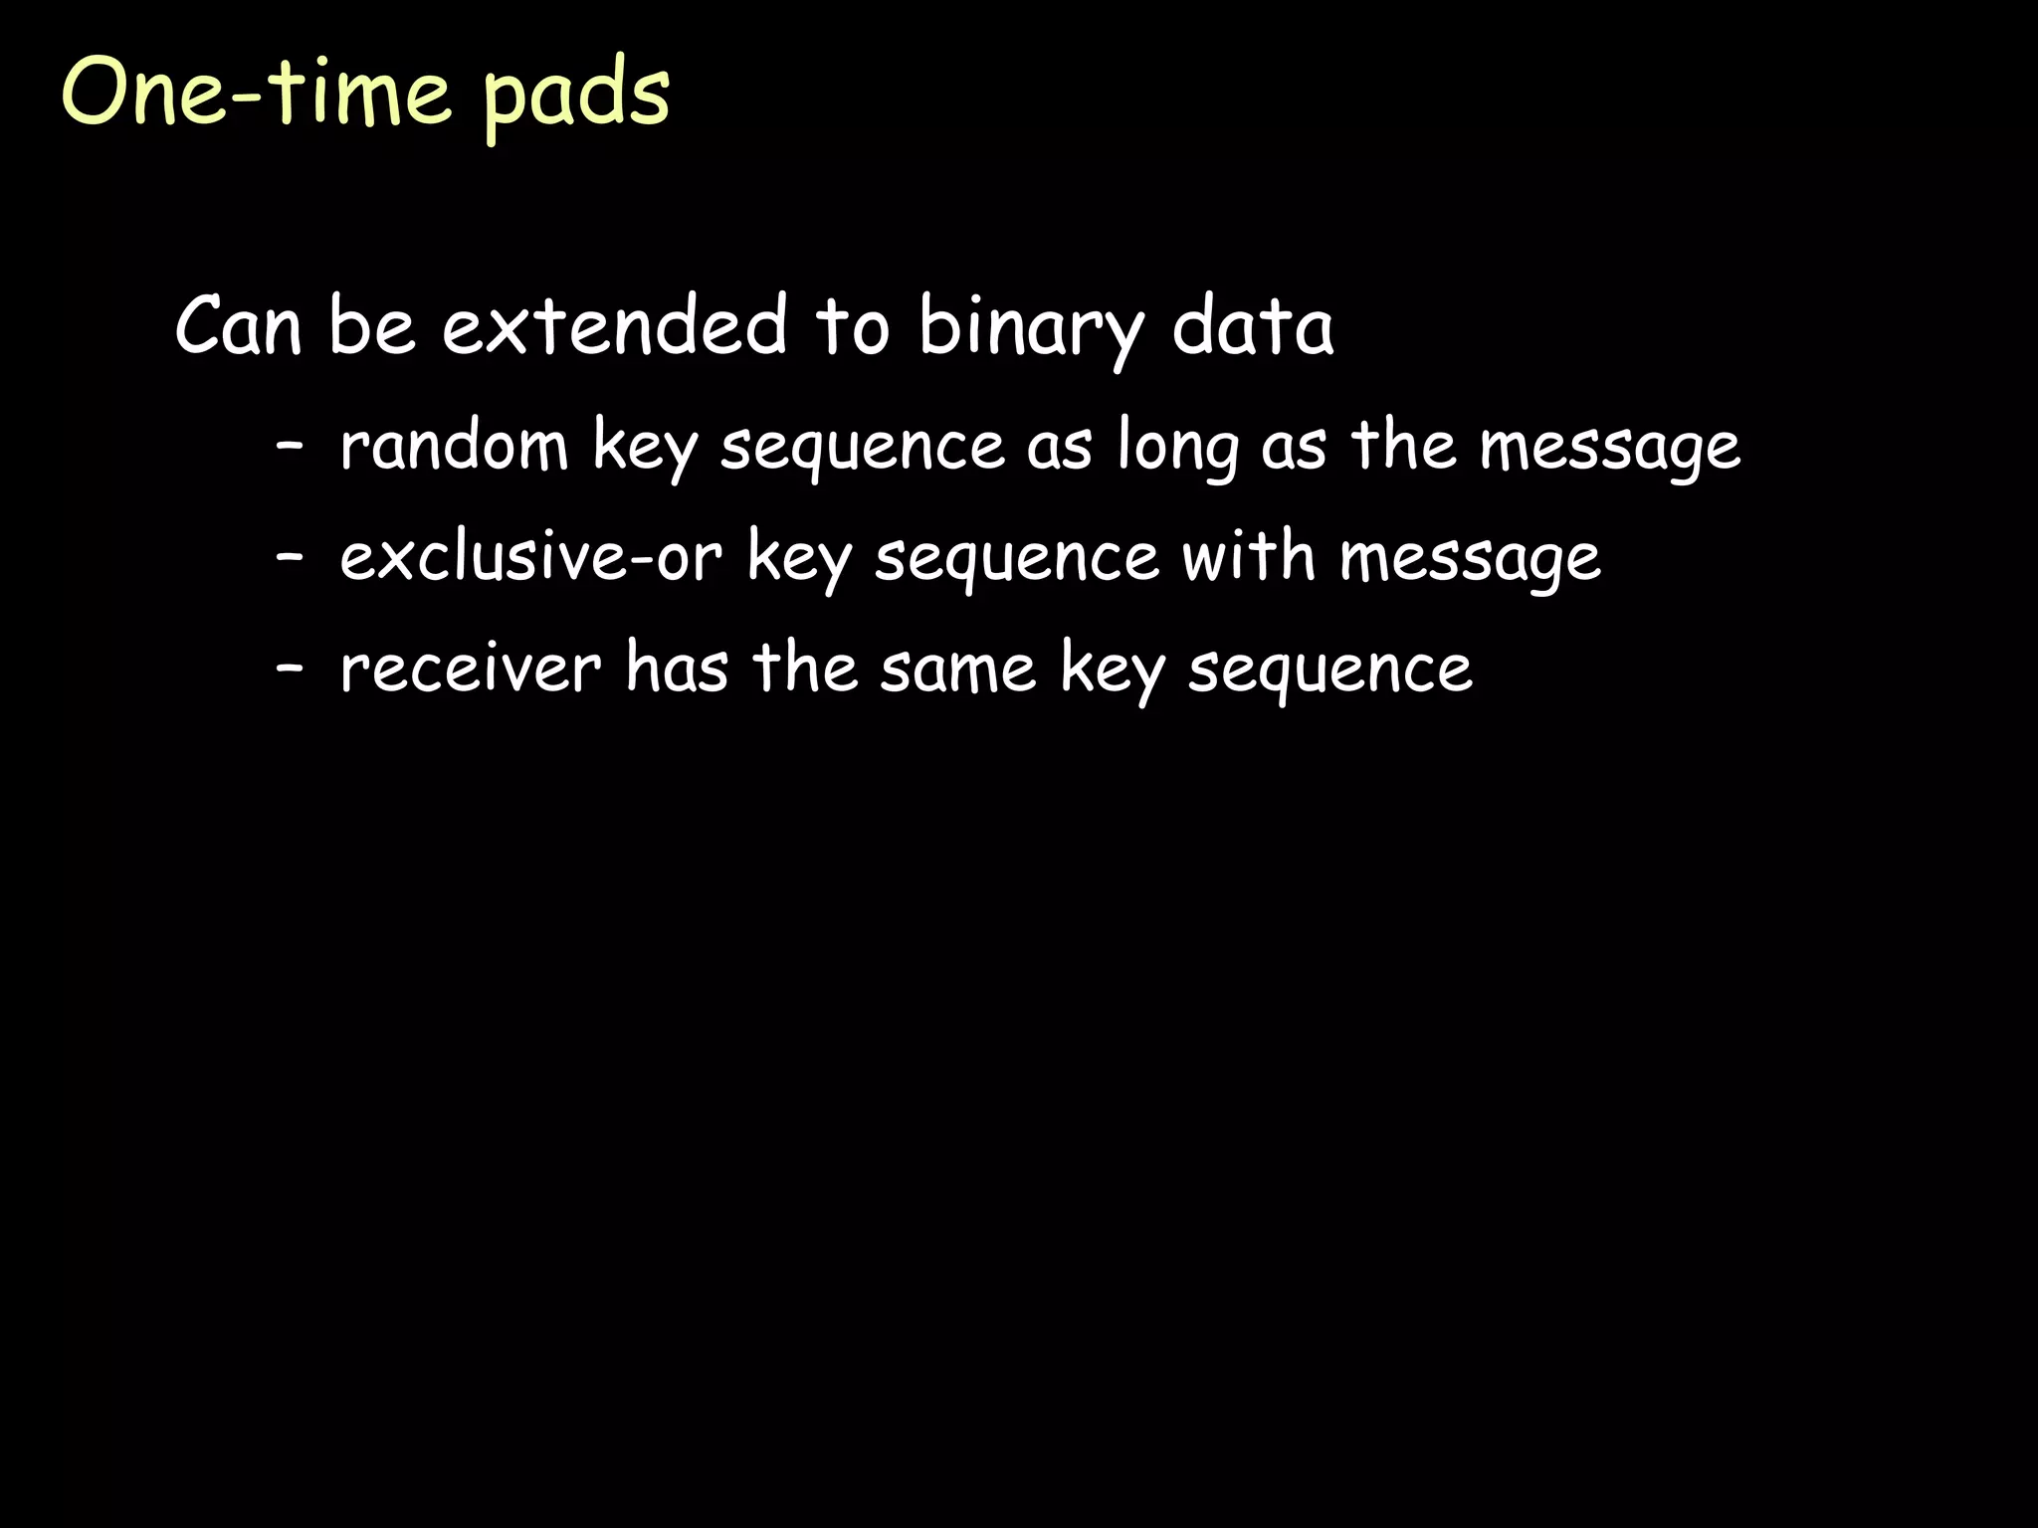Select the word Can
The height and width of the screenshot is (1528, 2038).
click(x=238, y=325)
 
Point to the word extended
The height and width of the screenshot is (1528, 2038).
click(x=615, y=325)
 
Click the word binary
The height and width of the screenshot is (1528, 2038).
click(x=1031, y=328)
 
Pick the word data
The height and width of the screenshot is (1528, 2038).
click(x=1252, y=325)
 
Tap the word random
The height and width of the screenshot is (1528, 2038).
click(x=454, y=445)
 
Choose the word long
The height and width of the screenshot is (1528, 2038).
click(x=1177, y=448)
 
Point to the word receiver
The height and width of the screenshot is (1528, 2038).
click(x=471, y=668)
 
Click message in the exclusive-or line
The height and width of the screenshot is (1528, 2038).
click(x=1470, y=559)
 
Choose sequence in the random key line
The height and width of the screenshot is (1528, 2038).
click(x=863, y=448)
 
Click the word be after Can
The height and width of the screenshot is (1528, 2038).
click(x=371, y=325)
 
